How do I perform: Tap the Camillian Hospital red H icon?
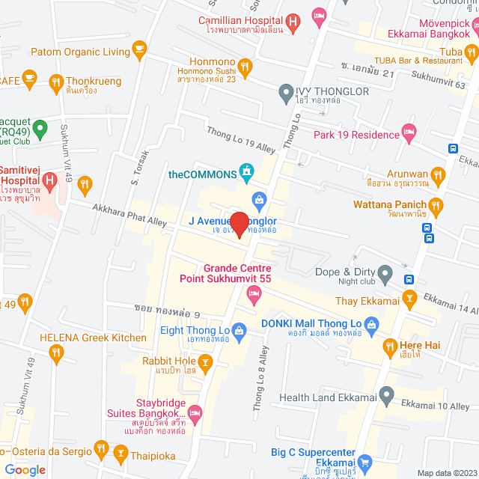click(x=294, y=21)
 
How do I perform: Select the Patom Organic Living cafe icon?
click(x=138, y=49)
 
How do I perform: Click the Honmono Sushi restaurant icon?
click(x=245, y=66)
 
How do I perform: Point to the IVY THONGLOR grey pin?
click(x=285, y=94)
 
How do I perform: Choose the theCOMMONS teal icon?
click(x=245, y=173)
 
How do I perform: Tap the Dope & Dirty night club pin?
click(x=385, y=272)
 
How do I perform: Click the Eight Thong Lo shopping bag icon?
click(x=239, y=330)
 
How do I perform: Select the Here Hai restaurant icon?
click(x=389, y=346)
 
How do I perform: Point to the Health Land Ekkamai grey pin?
click(x=386, y=394)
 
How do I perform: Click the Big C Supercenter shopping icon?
click(x=364, y=463)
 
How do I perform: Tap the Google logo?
click(x=25, y=469)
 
